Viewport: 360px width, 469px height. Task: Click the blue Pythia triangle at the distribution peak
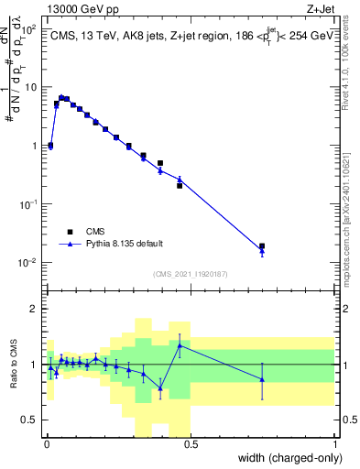click(x=61, y=97)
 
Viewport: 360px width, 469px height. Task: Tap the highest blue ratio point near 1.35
click(x=180, y=344)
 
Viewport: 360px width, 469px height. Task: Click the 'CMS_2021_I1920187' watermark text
click(x=191, y=274)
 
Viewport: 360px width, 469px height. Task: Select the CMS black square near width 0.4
click(x=160, y=163)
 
